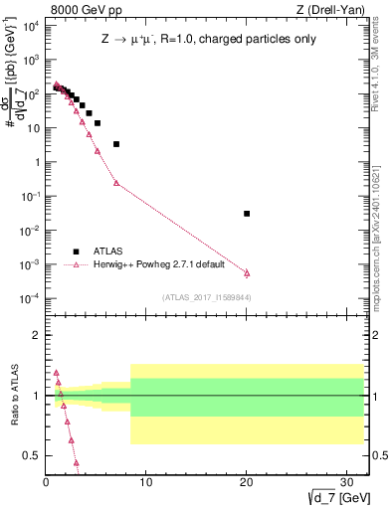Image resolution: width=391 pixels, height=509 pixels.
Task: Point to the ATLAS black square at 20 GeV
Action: [x=247, y=214]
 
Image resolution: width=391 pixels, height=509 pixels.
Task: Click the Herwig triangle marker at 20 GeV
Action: [x=247, y=272]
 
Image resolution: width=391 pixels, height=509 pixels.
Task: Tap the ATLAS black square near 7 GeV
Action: [x=116, y=144]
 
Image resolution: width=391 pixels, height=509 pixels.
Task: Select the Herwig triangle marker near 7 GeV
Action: [x=116, y=183]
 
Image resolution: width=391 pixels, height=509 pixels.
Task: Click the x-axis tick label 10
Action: [x=145, y=483]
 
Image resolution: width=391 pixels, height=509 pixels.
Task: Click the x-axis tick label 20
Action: [x=246, y=483]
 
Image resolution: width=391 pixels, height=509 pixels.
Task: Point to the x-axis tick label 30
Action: [x=346, y=483]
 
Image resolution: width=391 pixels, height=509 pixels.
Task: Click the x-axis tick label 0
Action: [x=46, y=483]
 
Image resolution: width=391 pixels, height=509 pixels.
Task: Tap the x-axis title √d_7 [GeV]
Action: [x=341, y=498]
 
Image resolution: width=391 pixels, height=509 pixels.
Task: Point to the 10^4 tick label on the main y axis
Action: [x=30, y=26]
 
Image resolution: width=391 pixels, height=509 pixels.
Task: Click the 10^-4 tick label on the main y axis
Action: [x=30, y=299]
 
